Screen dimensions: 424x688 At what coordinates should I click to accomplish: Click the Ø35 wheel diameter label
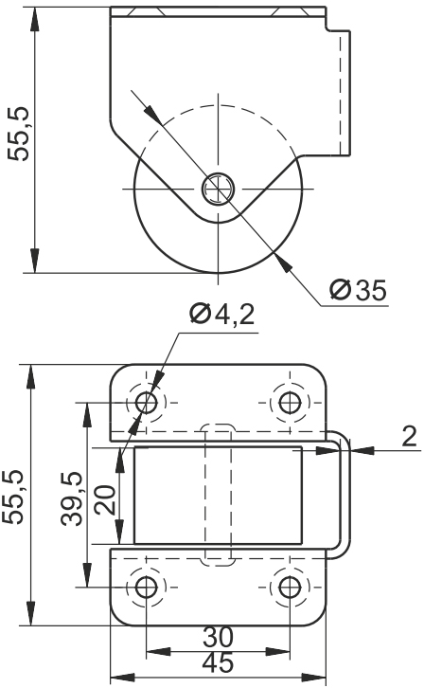tap(359, 290)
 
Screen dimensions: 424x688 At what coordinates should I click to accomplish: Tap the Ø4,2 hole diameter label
tap(222, 315)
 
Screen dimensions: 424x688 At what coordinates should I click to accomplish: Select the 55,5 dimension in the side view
tap(20, 134)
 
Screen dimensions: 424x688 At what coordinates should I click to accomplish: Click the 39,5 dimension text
tap(71, 498)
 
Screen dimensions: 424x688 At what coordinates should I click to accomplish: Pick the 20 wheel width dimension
tap(106, 499)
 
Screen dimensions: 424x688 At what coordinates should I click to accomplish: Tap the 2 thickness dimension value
tap(409, 437)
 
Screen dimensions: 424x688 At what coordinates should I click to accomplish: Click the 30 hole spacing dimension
tap(218, 637)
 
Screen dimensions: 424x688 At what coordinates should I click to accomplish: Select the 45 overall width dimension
tap(218, 662)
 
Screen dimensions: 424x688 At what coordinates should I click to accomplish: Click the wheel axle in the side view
tap(218, 189)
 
